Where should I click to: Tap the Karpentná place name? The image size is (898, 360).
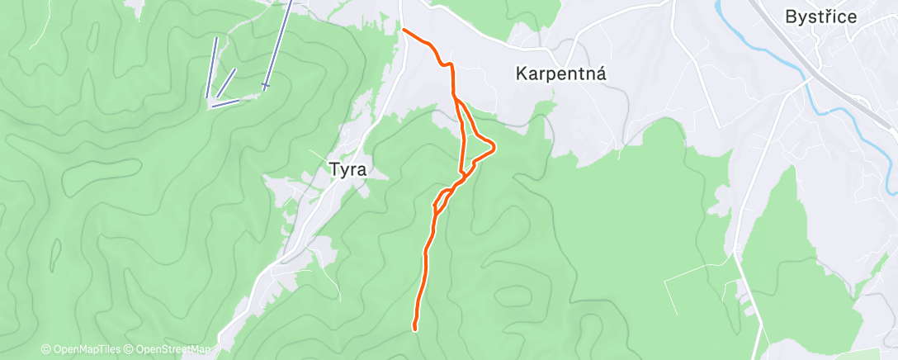[561, 73]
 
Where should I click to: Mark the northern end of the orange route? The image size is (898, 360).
[404, 31]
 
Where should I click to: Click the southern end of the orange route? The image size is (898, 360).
[414, 329]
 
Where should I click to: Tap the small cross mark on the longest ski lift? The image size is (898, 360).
[266, 84]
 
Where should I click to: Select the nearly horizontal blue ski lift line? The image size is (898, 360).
[225, 103]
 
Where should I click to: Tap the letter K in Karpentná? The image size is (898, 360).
[522, 73]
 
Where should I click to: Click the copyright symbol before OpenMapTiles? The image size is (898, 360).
[45, 349]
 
